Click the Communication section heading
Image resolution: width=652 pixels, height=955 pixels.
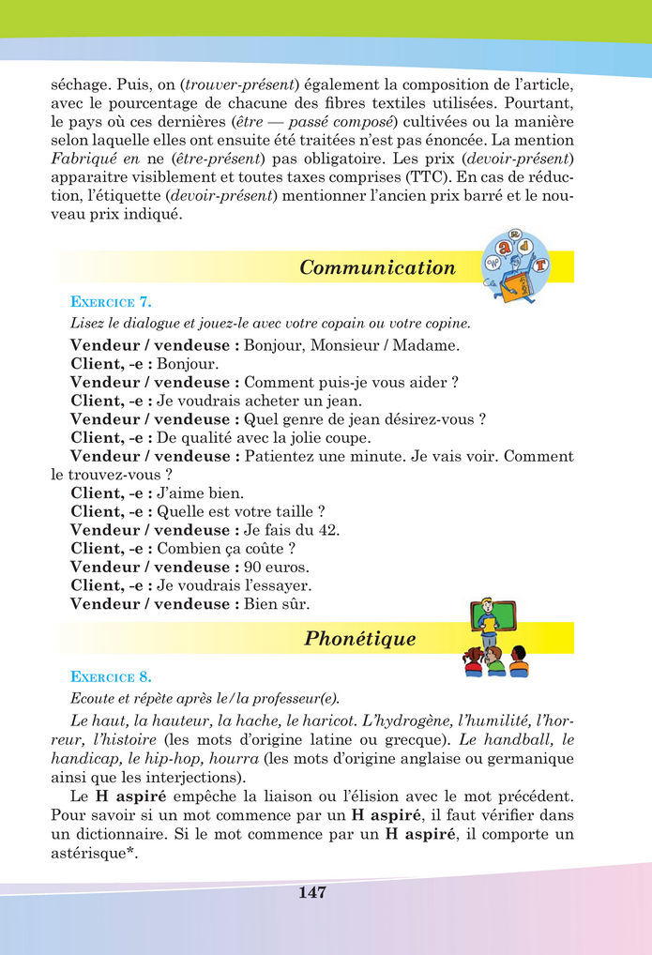[x=377, y=267]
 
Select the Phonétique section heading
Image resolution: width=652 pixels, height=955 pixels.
[x=359, y=639]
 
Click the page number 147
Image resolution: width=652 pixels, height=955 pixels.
[x=312, y=893]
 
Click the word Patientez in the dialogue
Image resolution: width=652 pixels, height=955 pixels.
[x=280, y=456]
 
